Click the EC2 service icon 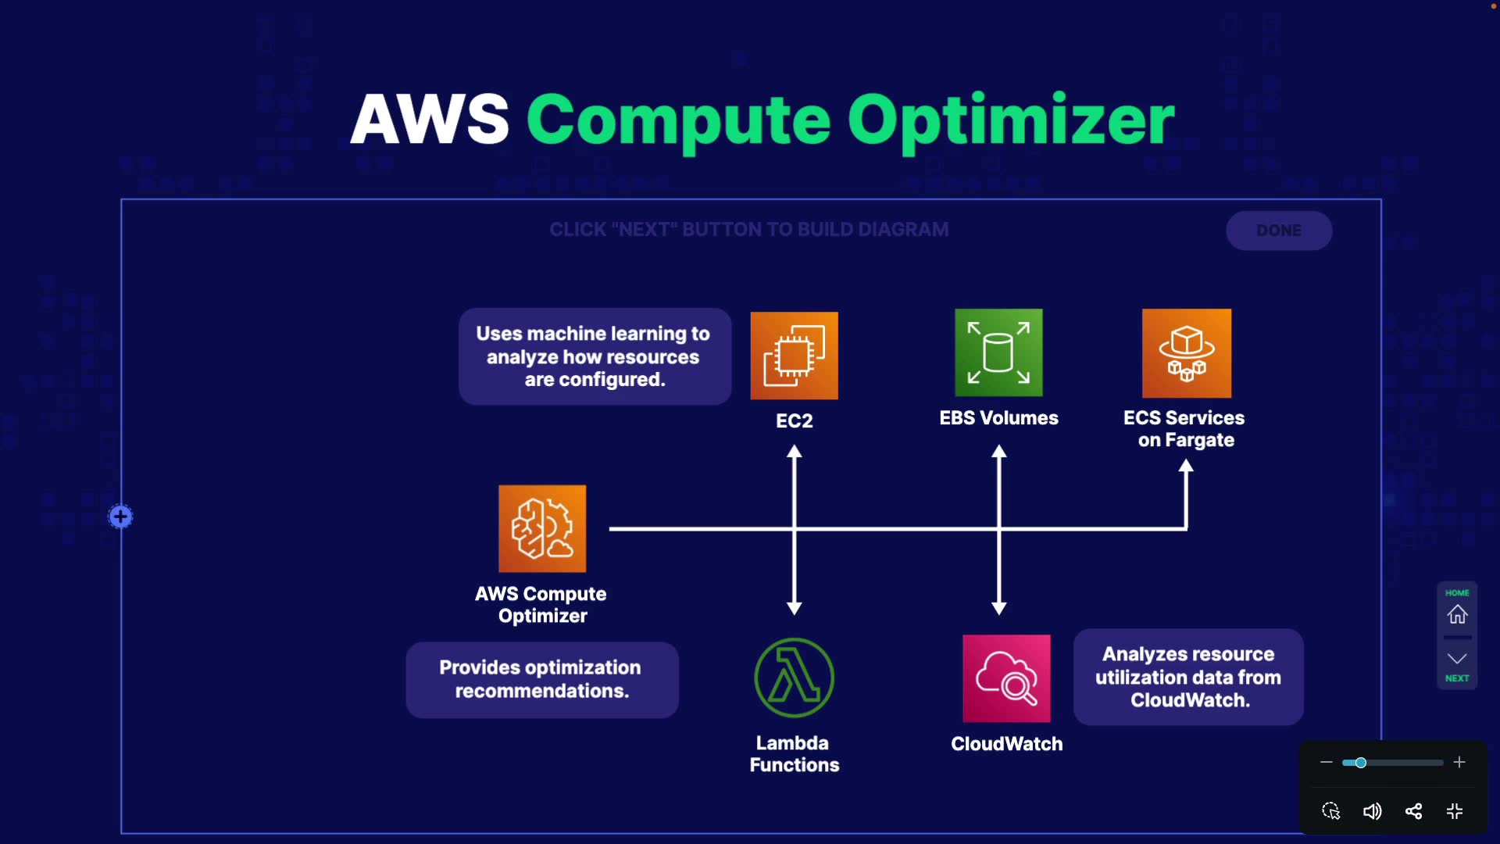[x=794, y=356]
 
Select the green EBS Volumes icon [x=998, y=352]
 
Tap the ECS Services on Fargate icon [x=1186, y=353]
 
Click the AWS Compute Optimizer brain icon [x=542, y=529]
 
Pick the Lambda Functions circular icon [x=794, y=678]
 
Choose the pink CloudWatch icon [x=1006, y=678]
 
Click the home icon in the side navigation [x=1457, y=614]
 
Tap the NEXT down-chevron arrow [x=1457, y=659]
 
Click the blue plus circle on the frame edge [x=120, y=517]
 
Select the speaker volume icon [x=1372, y=811]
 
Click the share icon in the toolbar [x=1413, y=811]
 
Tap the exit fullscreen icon [x=1455, y=811]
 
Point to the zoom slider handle [x=1360, y=763]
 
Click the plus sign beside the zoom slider [x=1459, y=762]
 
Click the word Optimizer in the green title [x=1011, y=120]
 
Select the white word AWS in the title [x=430, y=120]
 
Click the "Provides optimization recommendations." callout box [x=541, y=680]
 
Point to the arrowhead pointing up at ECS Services [x=1186, y=467]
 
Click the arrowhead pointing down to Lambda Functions [x=794, y=608]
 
